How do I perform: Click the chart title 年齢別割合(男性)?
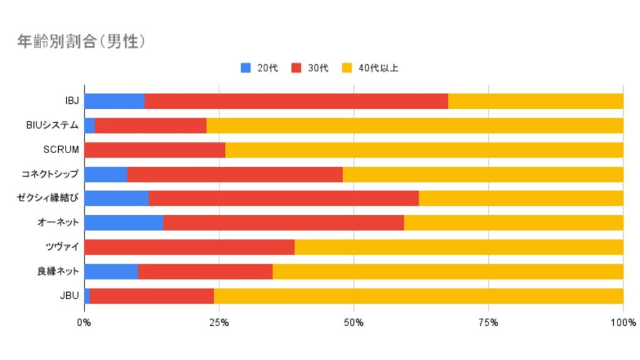click(x=81, y=42)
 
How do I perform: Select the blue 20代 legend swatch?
click(x=246, y=67)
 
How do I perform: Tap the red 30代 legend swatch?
click(x=296, y=67)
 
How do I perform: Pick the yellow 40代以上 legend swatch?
click(x=347, y=67)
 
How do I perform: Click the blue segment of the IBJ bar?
click(x=115, y=101)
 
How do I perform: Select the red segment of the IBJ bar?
click(x=296, y=101)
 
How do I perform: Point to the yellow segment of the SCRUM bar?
click(x=424, y=150)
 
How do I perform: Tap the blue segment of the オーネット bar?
click(x=124, y=223)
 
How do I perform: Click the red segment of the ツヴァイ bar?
click(x=190, y=247)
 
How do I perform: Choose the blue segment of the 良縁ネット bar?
click(x=111, y=272)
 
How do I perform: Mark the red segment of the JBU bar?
click(x=152, y=296)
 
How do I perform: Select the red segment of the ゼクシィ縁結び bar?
click(x=284, y=198)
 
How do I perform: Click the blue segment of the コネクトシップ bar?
click(x=106, y=174)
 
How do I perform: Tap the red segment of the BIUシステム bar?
click(x=151, y=126)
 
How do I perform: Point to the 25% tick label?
click(x=219, y=323)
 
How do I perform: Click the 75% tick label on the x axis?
click(x=489, y=323)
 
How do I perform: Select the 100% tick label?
click(x=623, y=323)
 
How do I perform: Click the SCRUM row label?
click(x=61, y=150)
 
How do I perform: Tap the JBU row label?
click(x=69, y=296)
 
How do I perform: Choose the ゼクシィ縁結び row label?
click(x=47, y=198)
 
